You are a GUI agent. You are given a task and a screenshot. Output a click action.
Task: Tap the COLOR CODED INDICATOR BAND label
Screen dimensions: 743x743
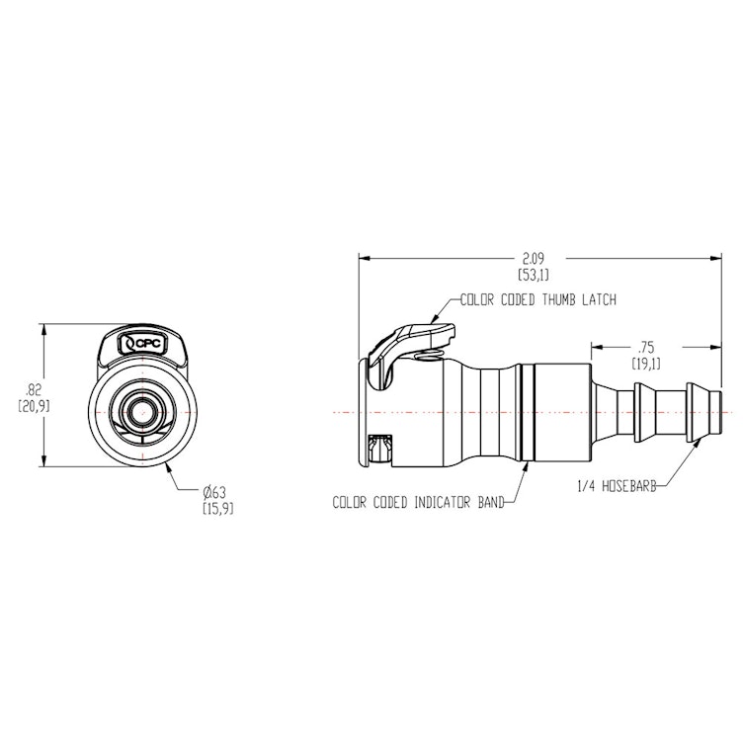point(419,502)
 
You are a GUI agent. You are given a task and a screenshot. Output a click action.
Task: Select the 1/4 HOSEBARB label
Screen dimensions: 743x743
point(616,485)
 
